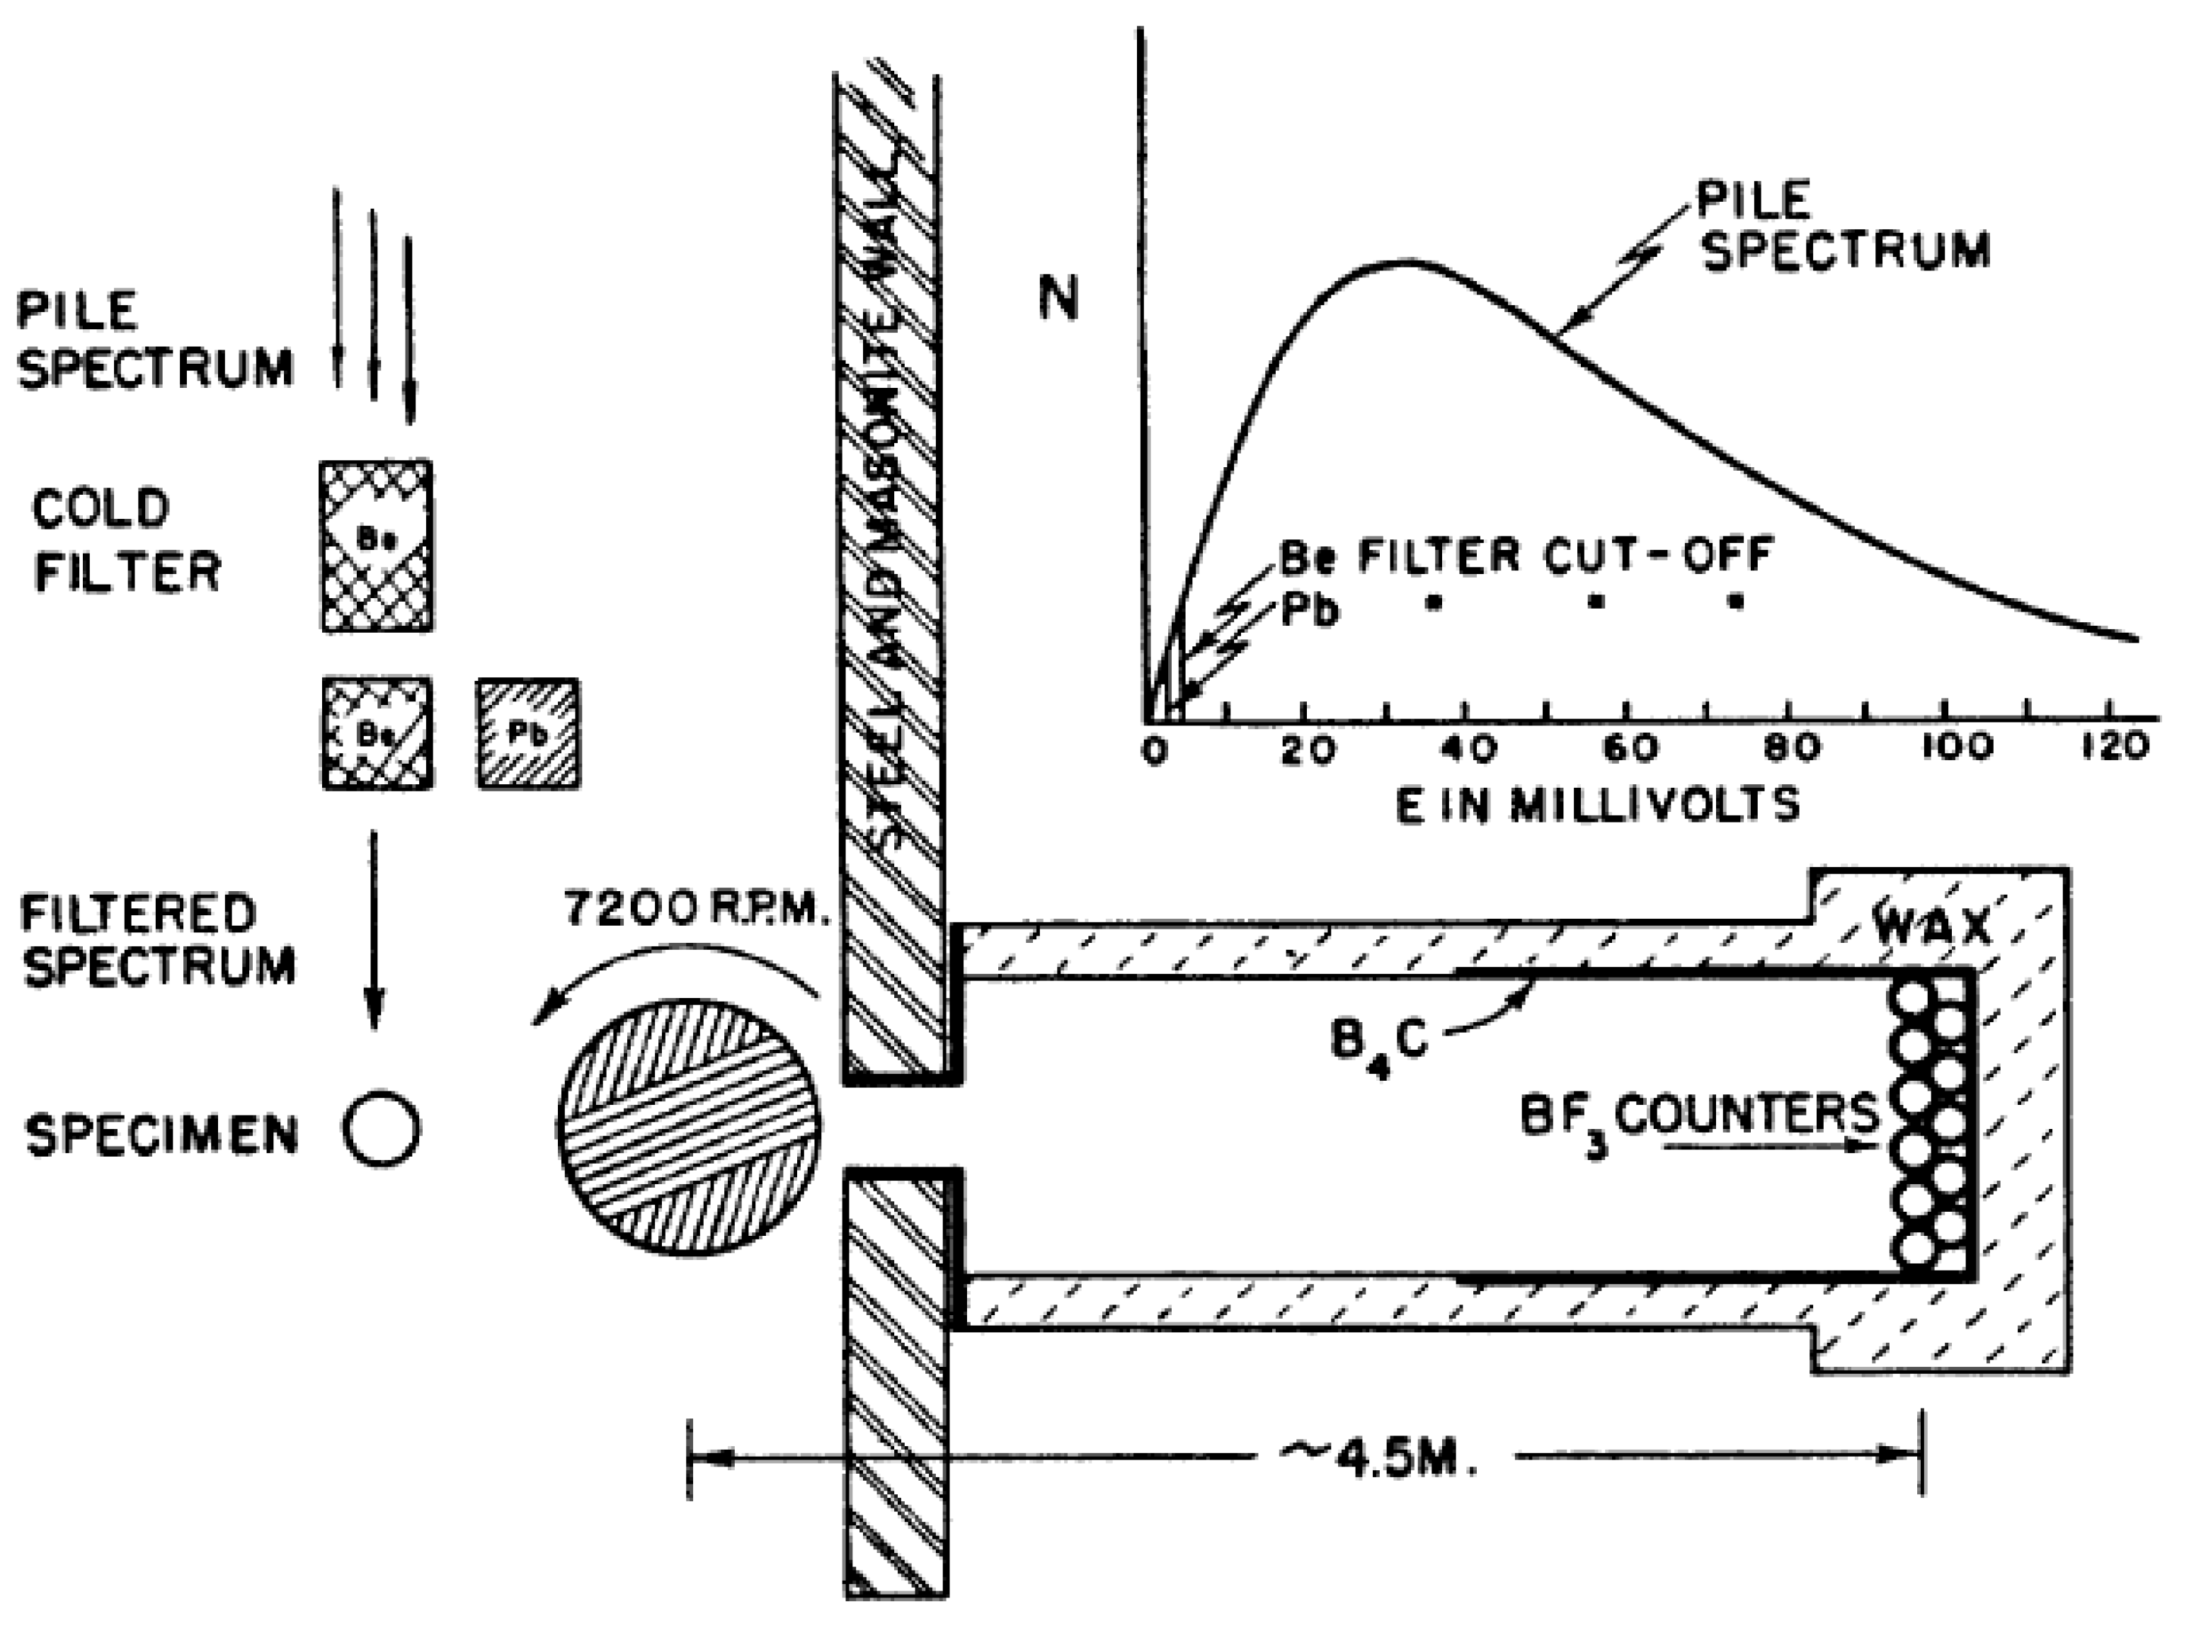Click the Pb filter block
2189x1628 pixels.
(x=528, y=733)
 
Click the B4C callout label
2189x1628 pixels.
(x=1378, y=1042)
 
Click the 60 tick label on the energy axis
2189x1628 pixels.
(x=1630, y=749)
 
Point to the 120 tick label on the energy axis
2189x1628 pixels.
(x=2116, y=748)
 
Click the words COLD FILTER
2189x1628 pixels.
(x=126, y=541)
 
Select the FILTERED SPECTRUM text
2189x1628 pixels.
(x=158, y=939)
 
